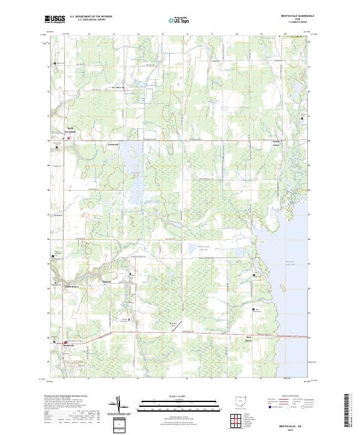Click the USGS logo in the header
pyautogui.click(x=55, y=19)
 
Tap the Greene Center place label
pyautogui.click(x=276, y=145)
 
